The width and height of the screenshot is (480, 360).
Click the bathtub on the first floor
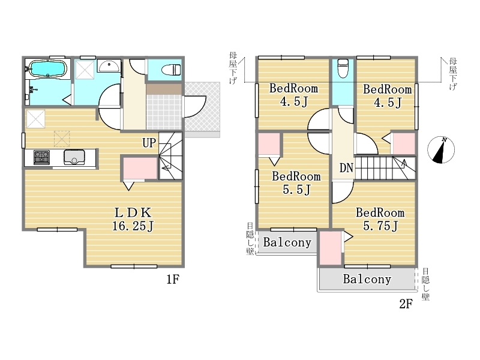pos(47,69)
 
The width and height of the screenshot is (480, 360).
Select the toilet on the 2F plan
pos(343,68)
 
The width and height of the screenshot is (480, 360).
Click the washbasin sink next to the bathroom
pos(109,66)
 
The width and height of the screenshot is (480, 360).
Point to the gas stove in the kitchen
pos(41,157)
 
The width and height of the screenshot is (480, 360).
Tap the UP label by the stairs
pos(149,143)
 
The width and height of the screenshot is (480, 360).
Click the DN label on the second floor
pos(346,168)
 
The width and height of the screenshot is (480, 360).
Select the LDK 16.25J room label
pos(133,219)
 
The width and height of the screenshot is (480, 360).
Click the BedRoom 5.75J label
pos(380,219)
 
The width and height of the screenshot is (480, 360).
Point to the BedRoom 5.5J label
pos(296,183)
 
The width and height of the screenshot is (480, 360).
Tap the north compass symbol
pos(441,149)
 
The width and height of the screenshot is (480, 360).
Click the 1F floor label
pos(173,279)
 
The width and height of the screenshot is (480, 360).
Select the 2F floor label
pos(406,304)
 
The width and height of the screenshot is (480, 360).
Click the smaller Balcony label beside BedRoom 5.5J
pos(287,242)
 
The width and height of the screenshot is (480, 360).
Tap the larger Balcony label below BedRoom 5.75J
pos(367,279)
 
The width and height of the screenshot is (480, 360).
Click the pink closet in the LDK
pos(140,168)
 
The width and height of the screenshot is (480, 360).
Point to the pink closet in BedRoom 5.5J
pos(269,144)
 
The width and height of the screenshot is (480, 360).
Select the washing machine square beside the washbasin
pos(85,71)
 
